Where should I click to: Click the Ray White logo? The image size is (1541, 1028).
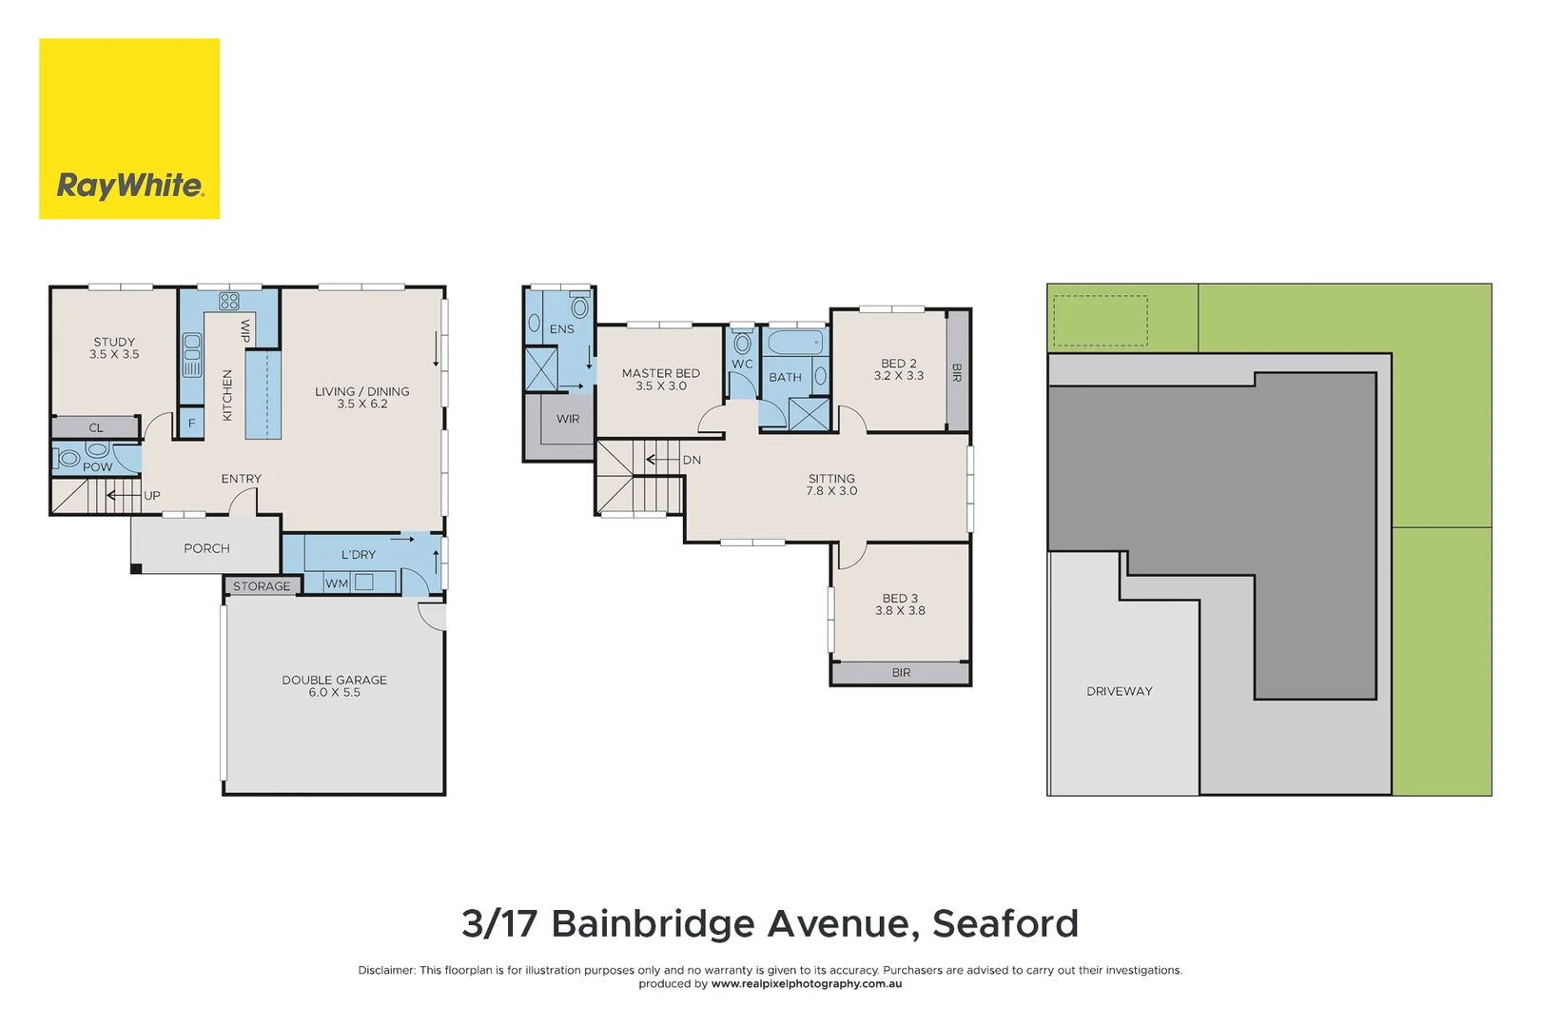pos(129,128)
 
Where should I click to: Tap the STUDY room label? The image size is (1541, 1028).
pos(114,342)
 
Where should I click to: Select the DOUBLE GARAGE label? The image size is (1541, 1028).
pos(334,680)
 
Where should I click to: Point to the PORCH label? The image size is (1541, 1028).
pos(206,548)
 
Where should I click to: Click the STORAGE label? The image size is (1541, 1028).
pos(262,586)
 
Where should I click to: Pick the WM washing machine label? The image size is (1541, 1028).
pos(337,583)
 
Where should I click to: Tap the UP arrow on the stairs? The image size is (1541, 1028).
pos(124,495)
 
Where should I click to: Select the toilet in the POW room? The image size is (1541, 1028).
pos(68,459)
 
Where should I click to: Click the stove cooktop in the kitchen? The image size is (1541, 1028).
pos(229,302)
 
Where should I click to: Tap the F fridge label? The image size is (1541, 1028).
pos(191,424)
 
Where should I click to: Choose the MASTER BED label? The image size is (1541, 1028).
pos(660,373)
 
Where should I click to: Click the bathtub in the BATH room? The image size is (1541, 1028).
pos(795,343)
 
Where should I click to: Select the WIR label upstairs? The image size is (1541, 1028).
pos(568,419)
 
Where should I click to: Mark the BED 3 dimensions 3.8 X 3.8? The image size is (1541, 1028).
pos(900,611)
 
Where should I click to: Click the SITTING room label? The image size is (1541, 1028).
pos(831,479)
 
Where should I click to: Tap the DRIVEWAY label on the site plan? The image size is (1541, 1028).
pos(1119,691)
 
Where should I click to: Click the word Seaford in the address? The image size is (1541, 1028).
pos(1005,923)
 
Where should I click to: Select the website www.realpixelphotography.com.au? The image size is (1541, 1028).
pos(807,984)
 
